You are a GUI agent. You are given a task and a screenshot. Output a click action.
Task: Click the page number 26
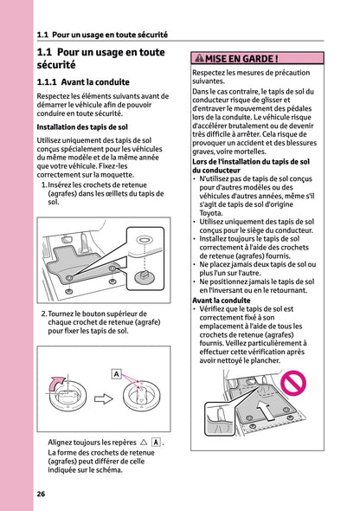[41, 494]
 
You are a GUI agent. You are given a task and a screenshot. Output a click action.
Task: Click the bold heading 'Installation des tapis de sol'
[82, 126]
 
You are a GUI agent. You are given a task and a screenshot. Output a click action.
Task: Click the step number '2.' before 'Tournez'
[43, 314]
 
